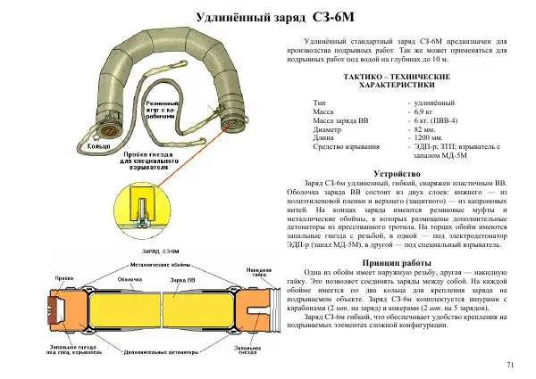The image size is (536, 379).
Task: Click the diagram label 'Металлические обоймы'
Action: tap(155, 265)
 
